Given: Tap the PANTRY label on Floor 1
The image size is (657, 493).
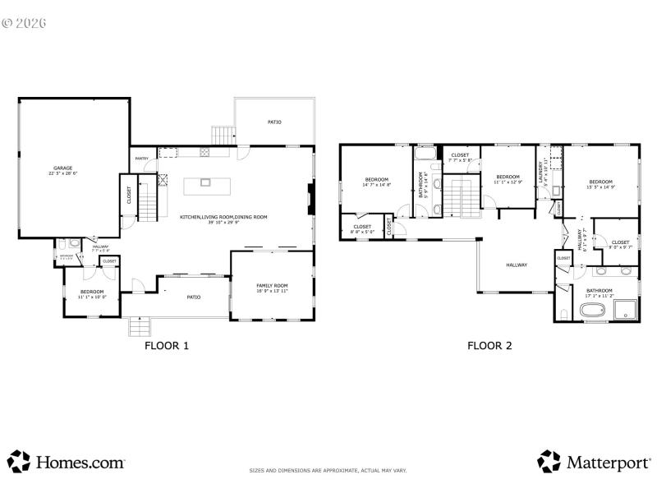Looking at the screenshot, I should [x=142, y=159].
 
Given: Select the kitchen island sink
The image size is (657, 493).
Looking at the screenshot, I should [x=204, y=182].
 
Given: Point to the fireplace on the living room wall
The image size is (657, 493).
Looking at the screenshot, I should [x=310, y=198].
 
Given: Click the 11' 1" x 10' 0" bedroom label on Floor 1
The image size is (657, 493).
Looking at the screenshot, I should [x=91, y=294].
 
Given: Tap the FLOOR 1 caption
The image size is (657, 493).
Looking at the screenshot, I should [x=167, y=346].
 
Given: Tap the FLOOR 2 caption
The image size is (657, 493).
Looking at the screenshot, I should [x=489, y=346].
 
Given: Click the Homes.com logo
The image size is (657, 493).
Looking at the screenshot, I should [x=67, y=462].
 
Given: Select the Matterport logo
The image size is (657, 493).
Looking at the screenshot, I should [x=594, y=462].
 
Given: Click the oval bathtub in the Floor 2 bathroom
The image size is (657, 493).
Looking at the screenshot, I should [x=593, y=311].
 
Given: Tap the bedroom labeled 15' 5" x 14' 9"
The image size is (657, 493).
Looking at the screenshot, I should [x=600, y=185].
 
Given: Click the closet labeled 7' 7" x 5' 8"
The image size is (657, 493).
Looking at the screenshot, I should [x=460, y=157].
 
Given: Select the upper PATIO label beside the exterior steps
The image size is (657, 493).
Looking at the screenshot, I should [x=274, y=122].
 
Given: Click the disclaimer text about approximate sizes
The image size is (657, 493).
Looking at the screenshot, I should [x=328, y=471].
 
